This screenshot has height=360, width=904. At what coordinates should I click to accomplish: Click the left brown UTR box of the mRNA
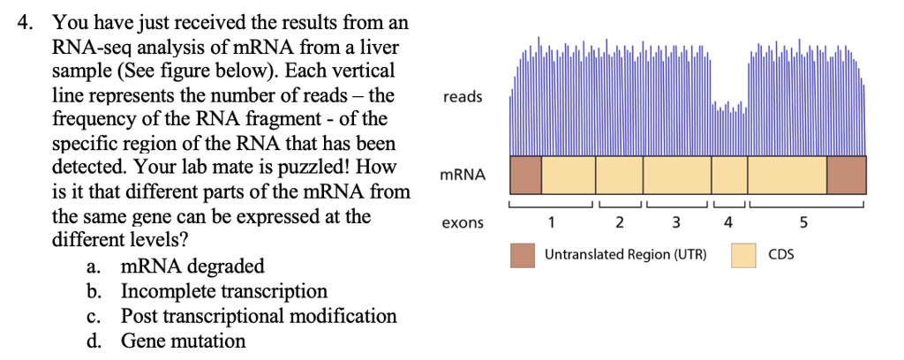click(x=525, y=175)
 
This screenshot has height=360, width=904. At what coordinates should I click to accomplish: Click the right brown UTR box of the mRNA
click(x=847, y=175)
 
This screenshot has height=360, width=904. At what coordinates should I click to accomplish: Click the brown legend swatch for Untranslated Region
click(x=523, y=255)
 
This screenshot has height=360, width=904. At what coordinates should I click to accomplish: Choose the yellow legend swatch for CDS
click(x=743, y=255)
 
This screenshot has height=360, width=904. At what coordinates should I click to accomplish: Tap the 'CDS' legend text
click(x=781, y=255)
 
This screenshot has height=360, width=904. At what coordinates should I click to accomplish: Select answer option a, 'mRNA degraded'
click(x=192, y=266)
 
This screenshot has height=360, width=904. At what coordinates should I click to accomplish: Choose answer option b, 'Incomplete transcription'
click(x=223, y=291)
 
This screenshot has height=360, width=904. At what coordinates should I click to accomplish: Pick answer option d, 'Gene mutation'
click(x=184, y=341)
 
